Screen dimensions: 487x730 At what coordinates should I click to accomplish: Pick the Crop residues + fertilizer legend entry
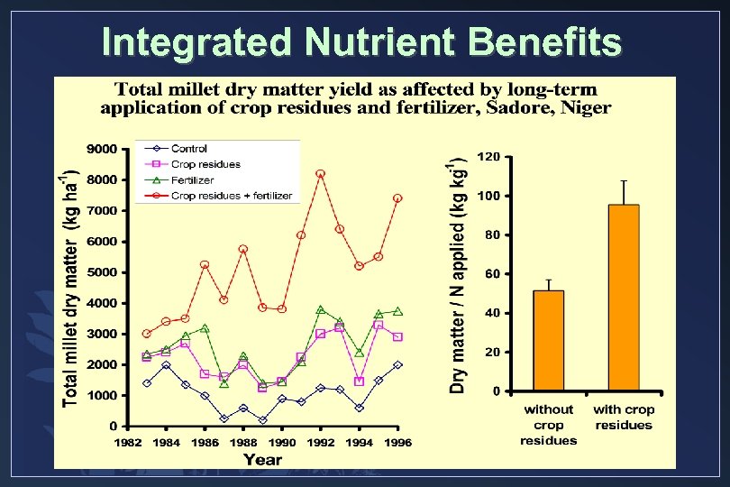[x=231, y=195]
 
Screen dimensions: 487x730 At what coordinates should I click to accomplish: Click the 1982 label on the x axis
[x=128, y=443]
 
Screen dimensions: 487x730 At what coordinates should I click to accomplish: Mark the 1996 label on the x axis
[x=397, y=443]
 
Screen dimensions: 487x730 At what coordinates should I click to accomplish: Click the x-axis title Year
[x=262, y=459]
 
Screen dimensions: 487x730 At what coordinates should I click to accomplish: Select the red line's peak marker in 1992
[x=320, y=173]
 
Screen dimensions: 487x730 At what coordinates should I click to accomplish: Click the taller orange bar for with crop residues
[x=624, y=298]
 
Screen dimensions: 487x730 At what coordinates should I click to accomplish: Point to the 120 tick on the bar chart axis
[x=489, y=157]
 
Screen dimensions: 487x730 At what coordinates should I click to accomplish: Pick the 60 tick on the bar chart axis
[x=493, y=274]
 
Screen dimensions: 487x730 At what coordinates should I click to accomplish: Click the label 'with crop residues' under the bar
[x=624, y=417]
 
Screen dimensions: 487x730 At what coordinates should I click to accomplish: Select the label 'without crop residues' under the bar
[x=548, y=425]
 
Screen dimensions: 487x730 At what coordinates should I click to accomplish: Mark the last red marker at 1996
[x=397, y=198]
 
